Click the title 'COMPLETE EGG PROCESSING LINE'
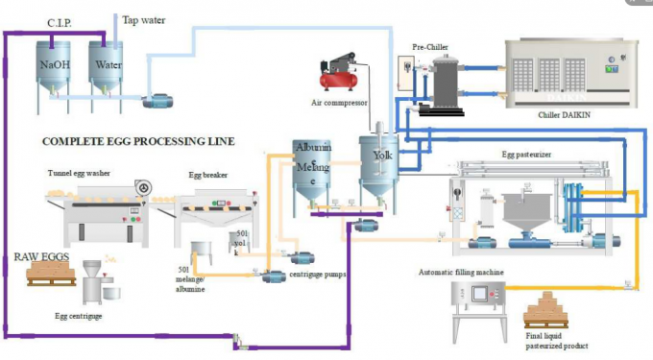138,141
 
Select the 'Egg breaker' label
207,176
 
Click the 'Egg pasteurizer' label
527,153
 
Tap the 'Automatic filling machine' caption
462,273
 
